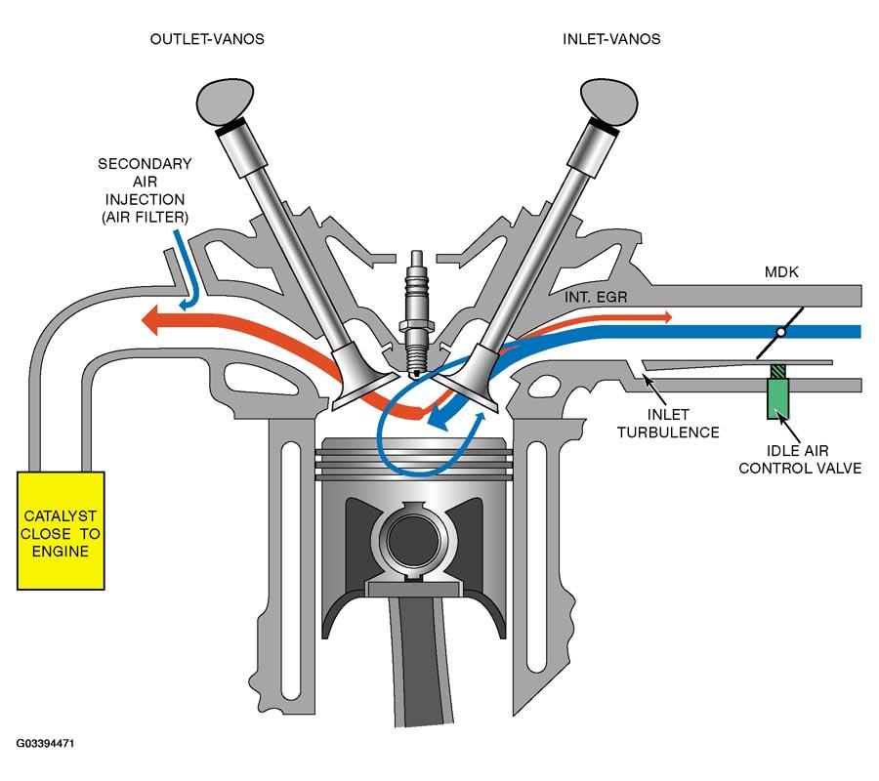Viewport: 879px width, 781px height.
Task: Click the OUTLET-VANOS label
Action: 207,39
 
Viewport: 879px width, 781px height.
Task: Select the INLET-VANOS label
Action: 611,39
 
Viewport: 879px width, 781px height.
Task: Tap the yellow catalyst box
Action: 61,530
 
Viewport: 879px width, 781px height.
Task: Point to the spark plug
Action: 415,315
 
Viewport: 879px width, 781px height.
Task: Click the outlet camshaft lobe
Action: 226,102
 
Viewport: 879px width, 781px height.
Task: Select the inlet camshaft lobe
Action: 609,102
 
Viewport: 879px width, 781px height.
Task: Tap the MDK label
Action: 781,272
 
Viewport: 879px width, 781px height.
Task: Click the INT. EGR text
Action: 596,297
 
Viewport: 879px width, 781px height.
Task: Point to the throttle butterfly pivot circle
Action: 780,332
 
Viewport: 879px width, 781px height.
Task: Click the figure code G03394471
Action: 45,744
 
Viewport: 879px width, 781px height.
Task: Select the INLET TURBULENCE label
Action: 668,424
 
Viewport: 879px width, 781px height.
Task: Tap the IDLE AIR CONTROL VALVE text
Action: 800,460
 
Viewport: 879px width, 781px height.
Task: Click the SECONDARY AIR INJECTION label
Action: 145,190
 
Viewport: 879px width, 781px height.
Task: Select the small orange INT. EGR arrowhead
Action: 668,317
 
